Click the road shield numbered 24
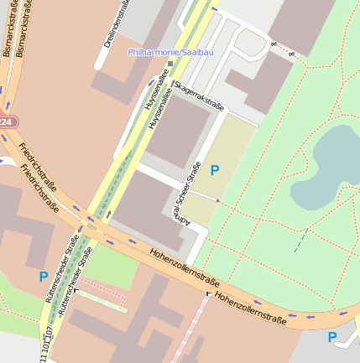point(6,122)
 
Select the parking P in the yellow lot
point(215,171)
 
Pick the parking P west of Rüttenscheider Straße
point(43,276)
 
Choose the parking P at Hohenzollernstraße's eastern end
point(332,338)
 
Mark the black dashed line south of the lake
point(300,241)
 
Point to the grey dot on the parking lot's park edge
point(219,201)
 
